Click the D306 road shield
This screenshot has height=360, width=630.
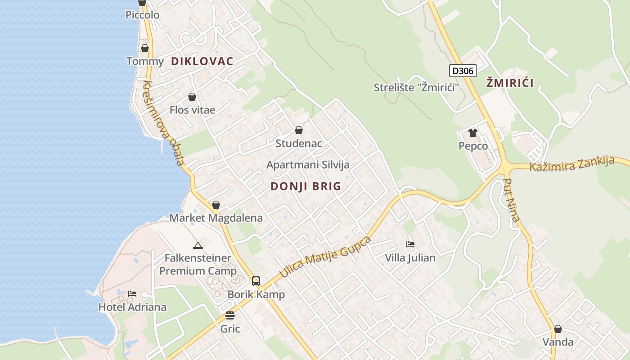pyautogui.click(x=463, y=71)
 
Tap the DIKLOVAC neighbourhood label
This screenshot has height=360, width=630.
pyautogui.click(x=202, y=62)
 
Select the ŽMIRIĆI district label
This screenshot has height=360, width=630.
pyautogui.click(x=510, y=83)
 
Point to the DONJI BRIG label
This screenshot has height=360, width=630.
pyautogui.click(x=306, y=186)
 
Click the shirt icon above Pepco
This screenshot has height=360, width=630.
pyautogui.click(x=472, y=132)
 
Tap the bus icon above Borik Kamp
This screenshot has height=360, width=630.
pyautogui.click(x=256, y=281)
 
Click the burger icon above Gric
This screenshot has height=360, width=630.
pyautogui.click(x=230, y=315)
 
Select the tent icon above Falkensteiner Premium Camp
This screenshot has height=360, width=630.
pyautogui.click(x=198, y=245)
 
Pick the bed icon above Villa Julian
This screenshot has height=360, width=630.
pyautogui.click(x=410, y=244)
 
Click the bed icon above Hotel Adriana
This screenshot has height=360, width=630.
pyautogui.click(x=132, y=294)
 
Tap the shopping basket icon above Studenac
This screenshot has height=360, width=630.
pyautogui.click(x=298, y=130)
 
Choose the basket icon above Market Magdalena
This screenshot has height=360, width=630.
pyautogui.click(x=216, y=205)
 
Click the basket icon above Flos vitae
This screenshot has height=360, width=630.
pyautogui.click(x=192, y=97)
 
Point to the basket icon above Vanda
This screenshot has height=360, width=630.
pyautogui.click(x=558, y=329)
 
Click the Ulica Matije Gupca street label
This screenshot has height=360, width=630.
pyautogui.click(x=325, y=256)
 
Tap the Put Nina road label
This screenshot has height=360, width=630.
pyautogui.click(x=512, y=200)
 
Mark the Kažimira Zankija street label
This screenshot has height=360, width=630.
pyautogui.click(x=571, y=163)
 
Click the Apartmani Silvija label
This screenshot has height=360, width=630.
pyautogui.click(x=308, y=165)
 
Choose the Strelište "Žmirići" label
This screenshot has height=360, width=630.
pyautogui.click(x=416, y=87)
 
